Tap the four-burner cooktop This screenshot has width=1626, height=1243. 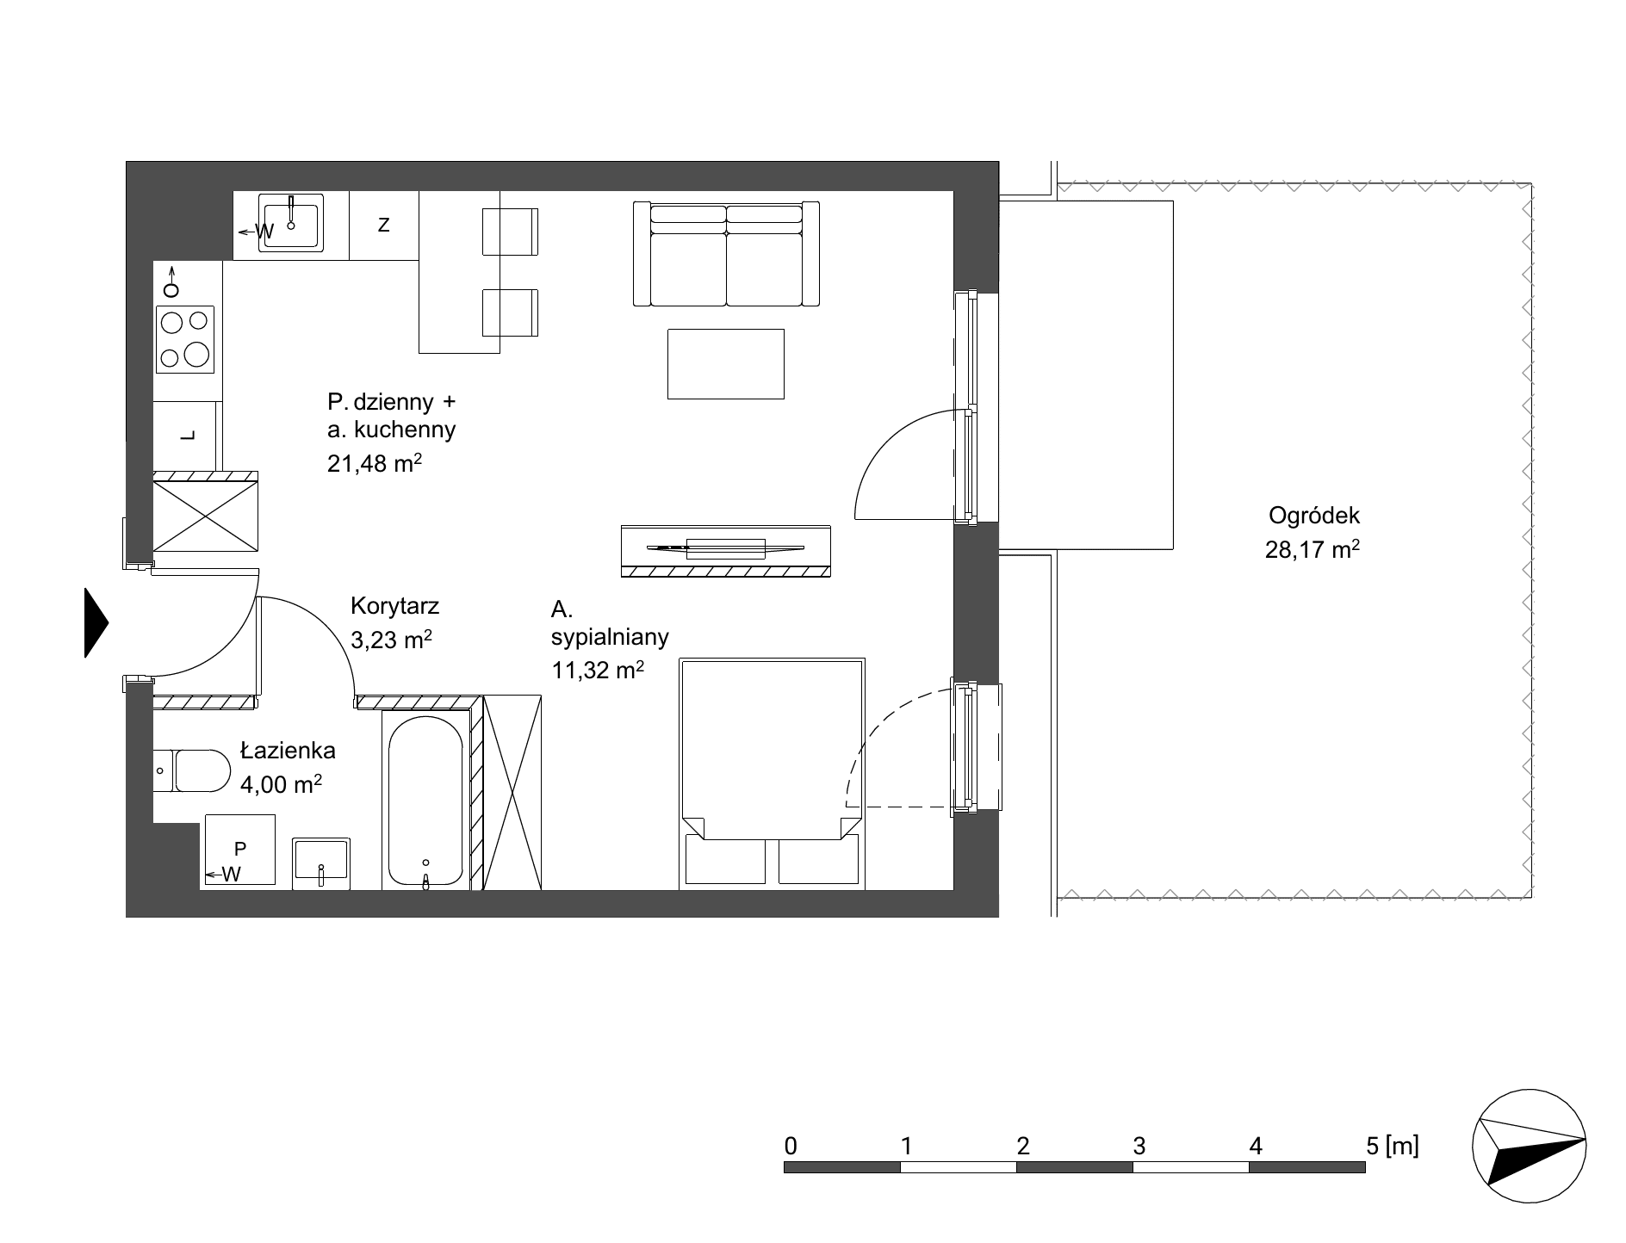185,339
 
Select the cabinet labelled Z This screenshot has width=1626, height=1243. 384,225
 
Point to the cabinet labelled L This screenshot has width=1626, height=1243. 188,436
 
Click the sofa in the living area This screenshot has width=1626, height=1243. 726,254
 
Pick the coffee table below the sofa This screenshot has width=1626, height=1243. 726,363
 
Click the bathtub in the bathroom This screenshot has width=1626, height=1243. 425,801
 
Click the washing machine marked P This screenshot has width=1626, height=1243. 240,850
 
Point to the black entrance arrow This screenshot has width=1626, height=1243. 96,622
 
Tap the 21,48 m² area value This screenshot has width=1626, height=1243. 375,464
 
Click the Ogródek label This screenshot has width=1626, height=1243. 1313,516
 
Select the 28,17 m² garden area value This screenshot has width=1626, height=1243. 1313,549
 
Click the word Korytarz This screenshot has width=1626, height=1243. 395,606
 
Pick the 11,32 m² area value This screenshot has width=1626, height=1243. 598,670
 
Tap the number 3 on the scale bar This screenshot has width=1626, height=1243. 1139,1146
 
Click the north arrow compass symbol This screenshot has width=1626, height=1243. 1529,1148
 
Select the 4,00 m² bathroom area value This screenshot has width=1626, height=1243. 282,784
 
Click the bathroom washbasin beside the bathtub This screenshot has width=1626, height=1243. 321,863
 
